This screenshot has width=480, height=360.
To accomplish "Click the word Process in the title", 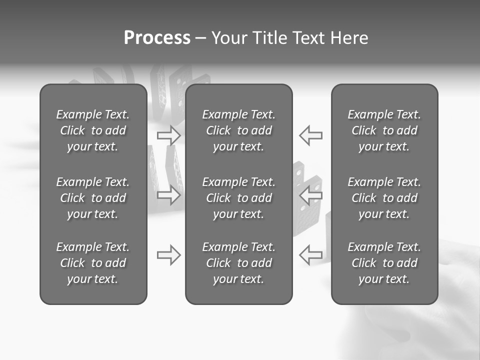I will (157, 38).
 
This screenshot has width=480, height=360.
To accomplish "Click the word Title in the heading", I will (268, 38).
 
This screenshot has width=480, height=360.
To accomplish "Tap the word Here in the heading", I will (349, 38).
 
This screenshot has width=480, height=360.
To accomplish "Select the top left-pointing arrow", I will (310, 135).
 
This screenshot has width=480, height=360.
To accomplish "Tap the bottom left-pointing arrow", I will (310, 255).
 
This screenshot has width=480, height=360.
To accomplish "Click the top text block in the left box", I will (93, 130).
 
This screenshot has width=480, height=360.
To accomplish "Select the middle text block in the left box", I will (93, 198).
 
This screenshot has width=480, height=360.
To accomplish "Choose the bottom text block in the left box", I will (93, 263).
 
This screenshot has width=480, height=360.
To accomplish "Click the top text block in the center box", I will (239, 130).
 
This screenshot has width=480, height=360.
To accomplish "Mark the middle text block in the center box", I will (239, 198).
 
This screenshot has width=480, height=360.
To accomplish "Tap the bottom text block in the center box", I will (239, 263).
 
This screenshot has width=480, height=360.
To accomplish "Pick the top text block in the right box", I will (384, 130).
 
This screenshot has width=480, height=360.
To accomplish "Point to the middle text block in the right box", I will (384, 198).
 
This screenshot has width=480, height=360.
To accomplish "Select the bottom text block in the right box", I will (384, 263).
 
